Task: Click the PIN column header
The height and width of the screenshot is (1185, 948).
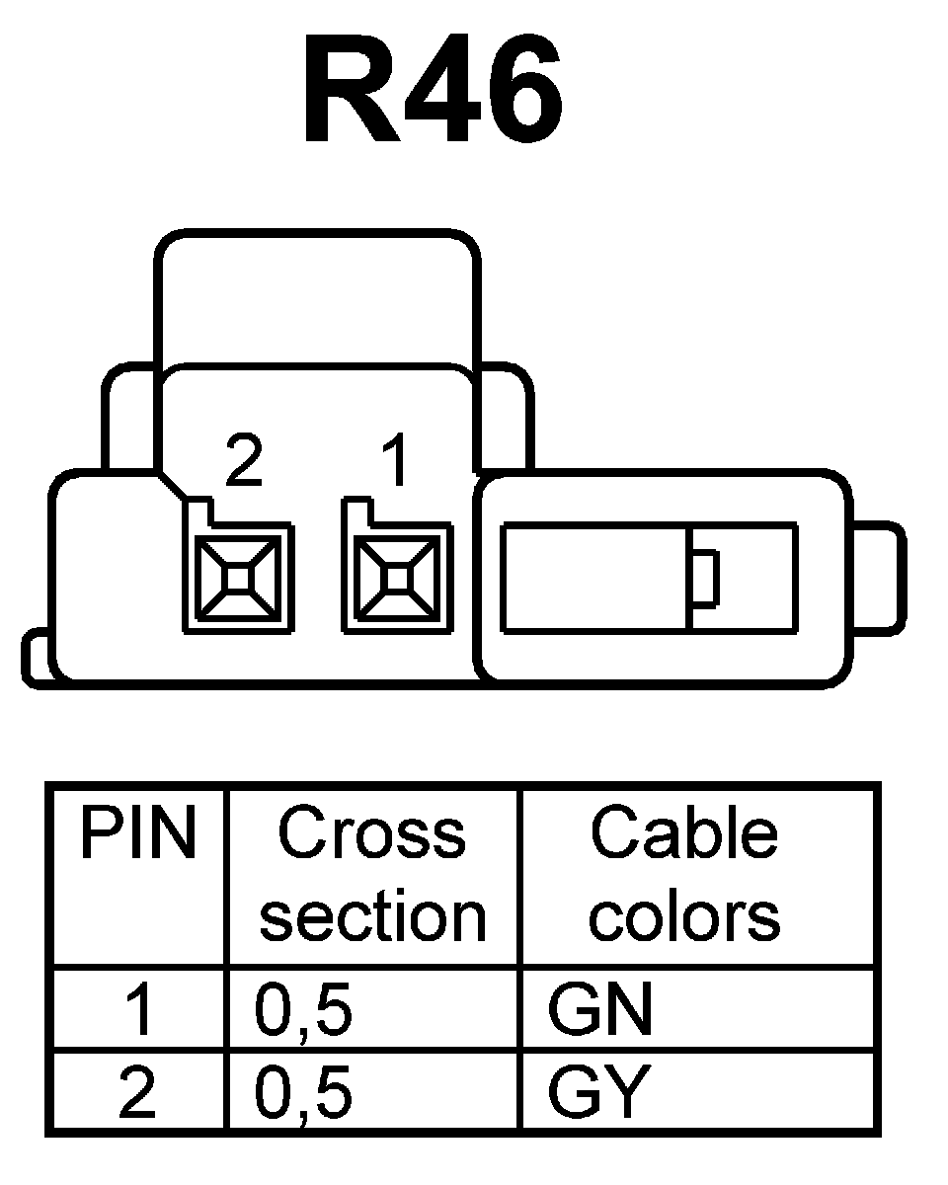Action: [137, 834]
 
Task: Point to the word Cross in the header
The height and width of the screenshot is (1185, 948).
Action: [371, 834]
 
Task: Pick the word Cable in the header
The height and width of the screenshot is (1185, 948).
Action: [683, 834]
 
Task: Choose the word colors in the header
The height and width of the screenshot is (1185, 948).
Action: [683, 916]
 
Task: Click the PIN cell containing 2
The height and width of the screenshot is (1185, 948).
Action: [137, 1093]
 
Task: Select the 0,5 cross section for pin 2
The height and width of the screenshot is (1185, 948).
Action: [303, 1093]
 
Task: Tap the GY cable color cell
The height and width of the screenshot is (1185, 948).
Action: [599, 1093]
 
